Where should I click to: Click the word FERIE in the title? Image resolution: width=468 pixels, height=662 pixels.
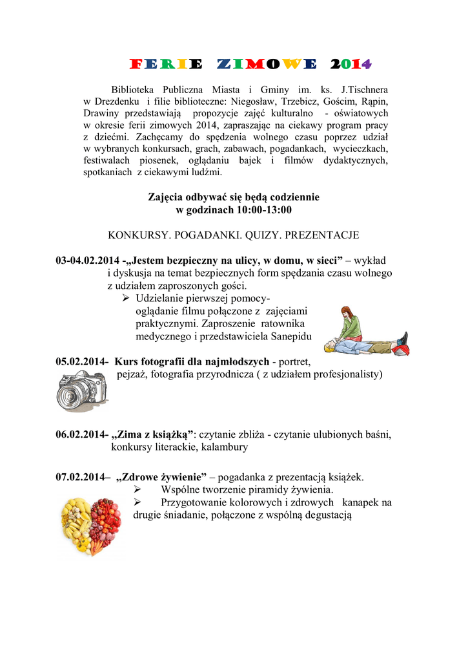[166, 64]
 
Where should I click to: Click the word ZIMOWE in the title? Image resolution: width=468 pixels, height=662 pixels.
[267, 64]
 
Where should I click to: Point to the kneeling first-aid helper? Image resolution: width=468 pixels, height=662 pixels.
[351, 325]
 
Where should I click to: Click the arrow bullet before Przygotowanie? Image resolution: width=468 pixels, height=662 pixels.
[137, 502]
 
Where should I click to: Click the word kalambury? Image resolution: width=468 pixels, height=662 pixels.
[224, 447]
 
